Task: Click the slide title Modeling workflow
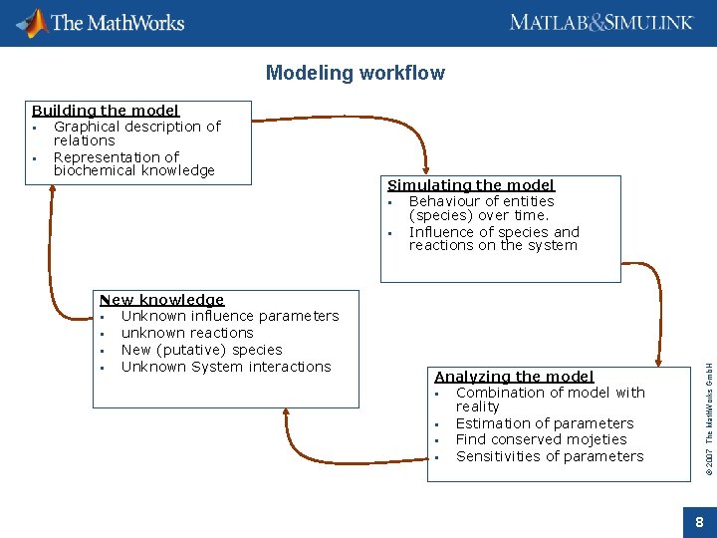click(356, 73)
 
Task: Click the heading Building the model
click(106, 111)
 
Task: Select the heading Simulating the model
click(470, 185)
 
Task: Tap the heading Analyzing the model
click(514, 377)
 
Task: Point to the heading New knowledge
click(161, 300)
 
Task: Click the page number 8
click(699, 522)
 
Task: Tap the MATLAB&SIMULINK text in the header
click(600, 22)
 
